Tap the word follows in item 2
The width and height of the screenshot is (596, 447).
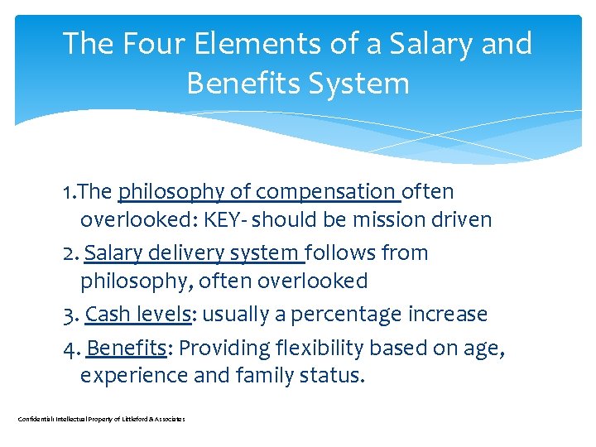[339, 252]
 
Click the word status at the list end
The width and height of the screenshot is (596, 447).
[332, 376]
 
